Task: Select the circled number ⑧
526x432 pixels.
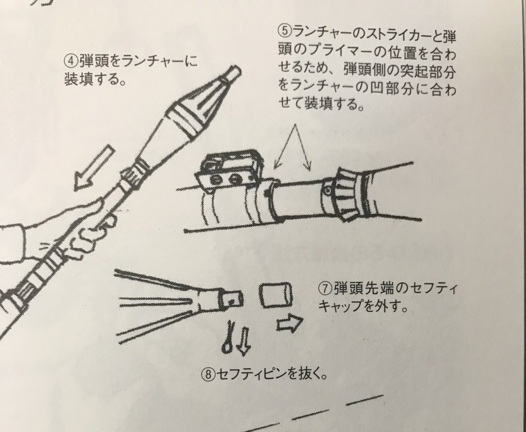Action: [x=206, y=375]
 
